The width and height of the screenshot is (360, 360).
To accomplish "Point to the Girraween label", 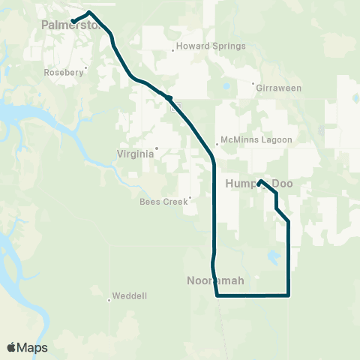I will tap(278, 88).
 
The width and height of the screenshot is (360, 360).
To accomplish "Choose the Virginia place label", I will tap(136, 153).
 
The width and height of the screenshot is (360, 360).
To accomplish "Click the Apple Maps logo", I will tap(27, 347).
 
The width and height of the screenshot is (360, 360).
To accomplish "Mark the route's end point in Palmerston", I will tap(73, 21).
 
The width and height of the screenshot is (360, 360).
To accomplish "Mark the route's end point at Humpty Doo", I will tap(259, 182).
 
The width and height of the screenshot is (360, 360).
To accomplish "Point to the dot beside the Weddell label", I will tap(109, 301).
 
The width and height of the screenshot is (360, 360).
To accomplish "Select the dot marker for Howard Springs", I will tap(174, 51).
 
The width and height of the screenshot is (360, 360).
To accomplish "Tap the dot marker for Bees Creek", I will tap(190, 199).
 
